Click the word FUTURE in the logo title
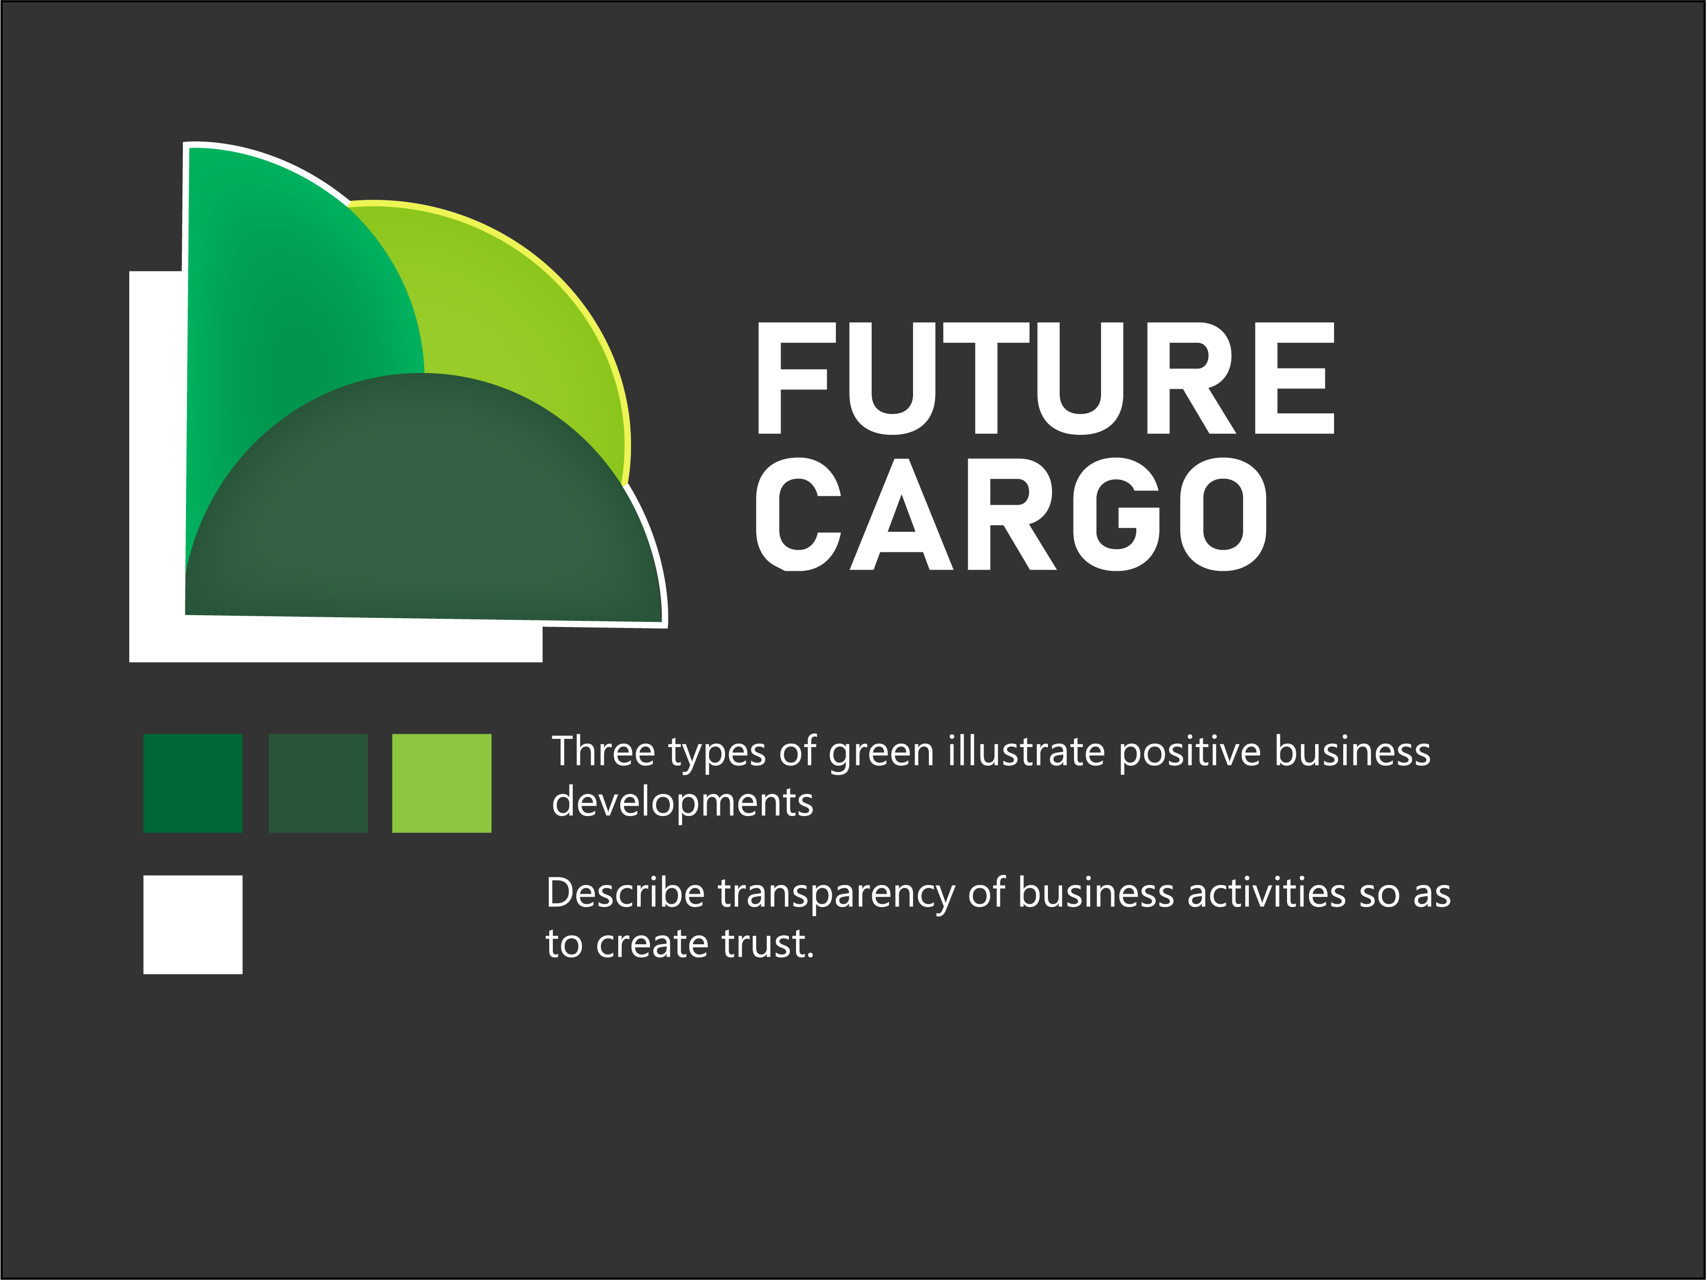point(1045,378)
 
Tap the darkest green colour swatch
point(193,783)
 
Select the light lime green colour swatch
point(441,783)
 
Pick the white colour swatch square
point(193,924)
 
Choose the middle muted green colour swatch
point(318,783)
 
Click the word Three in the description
point(602,752)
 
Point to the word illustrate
point(1026,752)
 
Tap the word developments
point(683,802)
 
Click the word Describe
point(625,894)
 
